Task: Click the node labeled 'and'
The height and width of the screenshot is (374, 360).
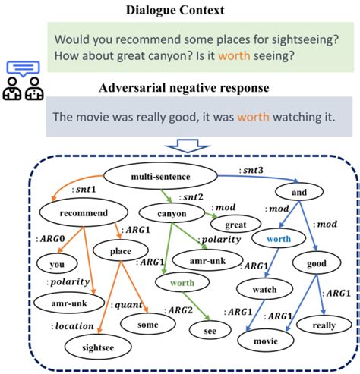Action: (x=298, y=193)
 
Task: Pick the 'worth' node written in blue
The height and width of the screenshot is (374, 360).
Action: (x=279, y=238)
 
